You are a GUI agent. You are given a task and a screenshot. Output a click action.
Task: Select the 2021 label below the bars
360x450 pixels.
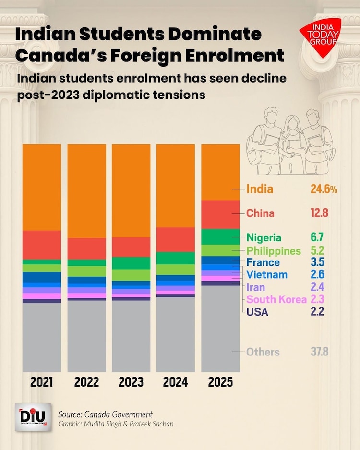[x=42, y=382]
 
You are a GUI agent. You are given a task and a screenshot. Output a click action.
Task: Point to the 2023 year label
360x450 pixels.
[x=131, y=382]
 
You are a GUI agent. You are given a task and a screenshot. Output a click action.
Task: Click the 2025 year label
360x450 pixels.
[x=220, y=382]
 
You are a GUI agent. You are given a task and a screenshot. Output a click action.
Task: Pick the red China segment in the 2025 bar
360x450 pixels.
[x=220, y=214]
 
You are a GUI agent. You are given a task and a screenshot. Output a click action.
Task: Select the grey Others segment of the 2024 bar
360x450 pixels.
[x=176, y=334]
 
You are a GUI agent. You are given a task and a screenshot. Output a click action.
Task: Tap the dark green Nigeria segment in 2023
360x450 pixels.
[x=131, y=263]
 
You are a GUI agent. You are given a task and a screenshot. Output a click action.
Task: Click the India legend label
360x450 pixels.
[x=260, y=189]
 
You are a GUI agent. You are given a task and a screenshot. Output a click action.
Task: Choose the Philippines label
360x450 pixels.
[x=274, y=250]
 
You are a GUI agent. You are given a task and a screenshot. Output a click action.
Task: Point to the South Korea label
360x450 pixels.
[x=276, y=299]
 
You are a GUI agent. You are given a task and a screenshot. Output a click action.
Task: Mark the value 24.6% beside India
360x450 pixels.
[x=324, y=189]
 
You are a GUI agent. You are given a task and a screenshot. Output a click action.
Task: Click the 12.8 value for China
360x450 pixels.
[x=319, y=213]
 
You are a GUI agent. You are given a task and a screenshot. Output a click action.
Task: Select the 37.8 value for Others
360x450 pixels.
[x=319, y=352]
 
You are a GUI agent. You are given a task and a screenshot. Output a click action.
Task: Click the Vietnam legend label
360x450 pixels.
[x=267, y=274]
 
